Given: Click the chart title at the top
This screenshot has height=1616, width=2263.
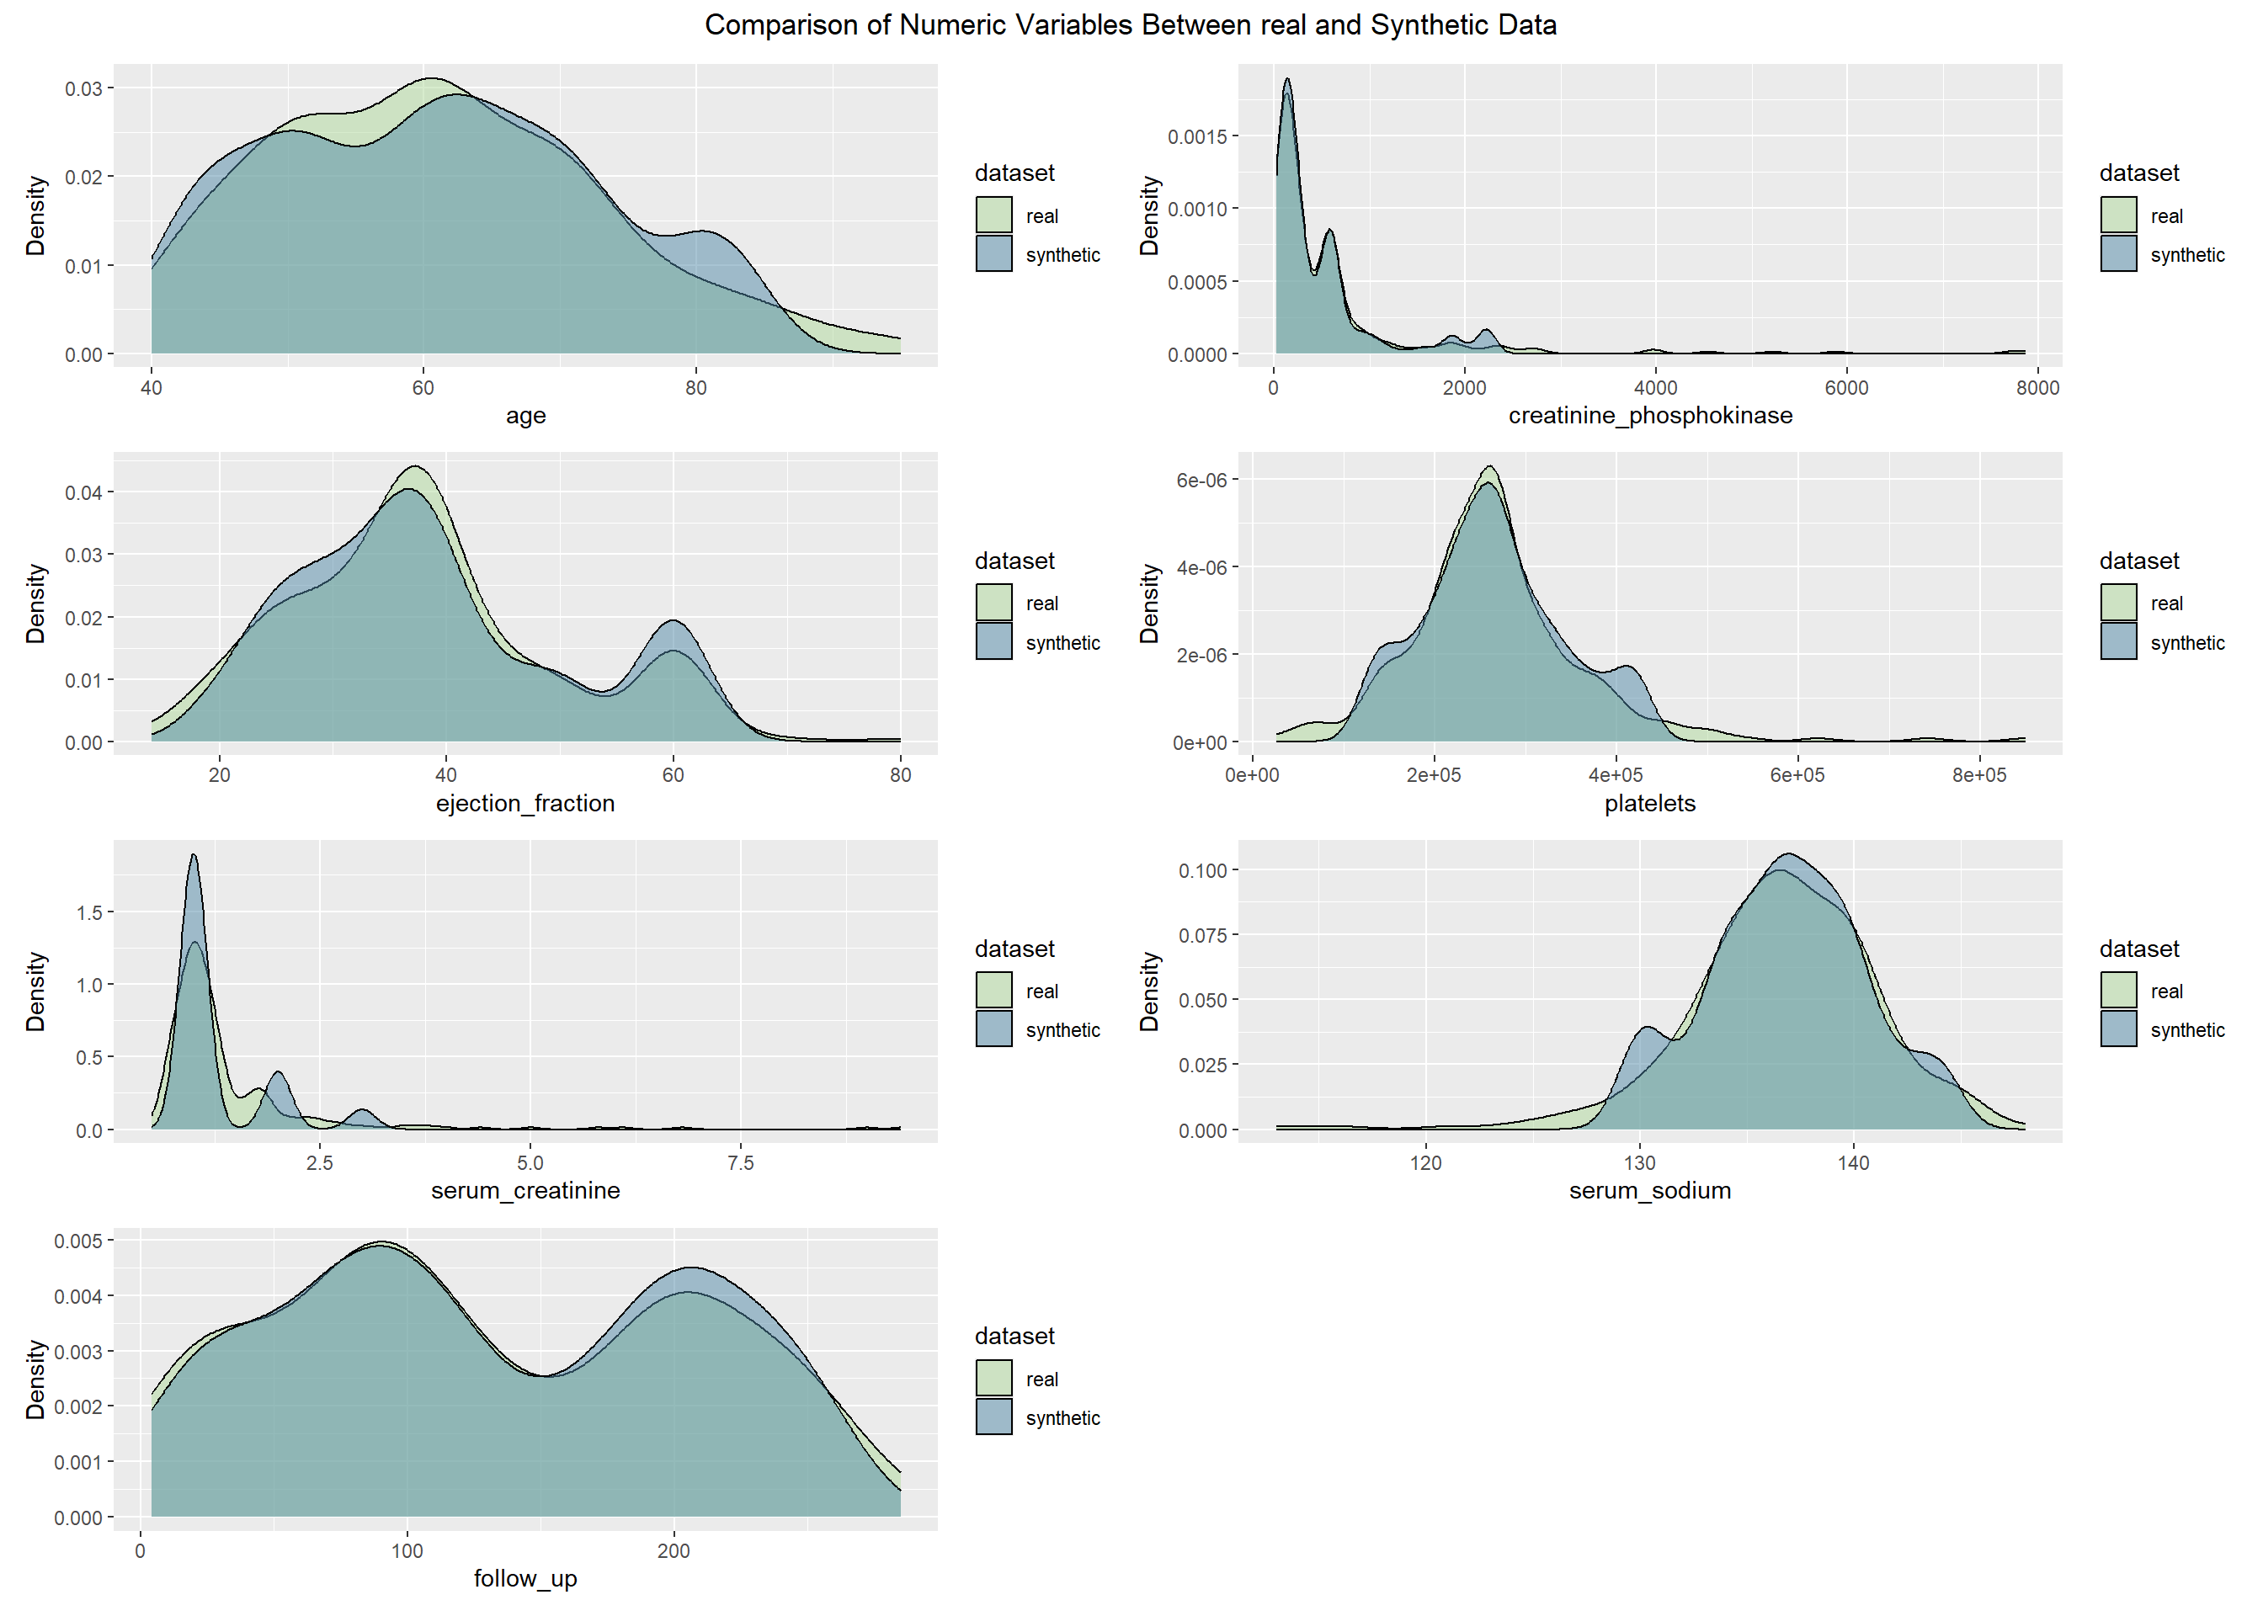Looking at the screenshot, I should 1131,25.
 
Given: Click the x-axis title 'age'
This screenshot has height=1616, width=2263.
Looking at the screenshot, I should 525,416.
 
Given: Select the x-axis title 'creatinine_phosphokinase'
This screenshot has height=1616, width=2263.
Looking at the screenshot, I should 1650,416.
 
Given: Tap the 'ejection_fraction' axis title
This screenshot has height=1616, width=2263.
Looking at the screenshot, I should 525,803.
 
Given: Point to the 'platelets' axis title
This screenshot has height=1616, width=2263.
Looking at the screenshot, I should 1650,803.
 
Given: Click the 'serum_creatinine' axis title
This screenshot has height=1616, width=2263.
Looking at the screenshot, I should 525,1190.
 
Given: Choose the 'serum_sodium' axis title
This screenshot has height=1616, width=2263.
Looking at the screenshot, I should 1650,1190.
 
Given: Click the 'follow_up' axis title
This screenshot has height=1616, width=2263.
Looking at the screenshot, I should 525,1578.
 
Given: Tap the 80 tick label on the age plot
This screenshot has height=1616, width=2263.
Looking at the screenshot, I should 695,388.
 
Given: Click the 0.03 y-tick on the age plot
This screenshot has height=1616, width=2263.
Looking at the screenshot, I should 83,88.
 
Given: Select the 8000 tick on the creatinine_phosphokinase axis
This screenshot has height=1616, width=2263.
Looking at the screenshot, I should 2037,388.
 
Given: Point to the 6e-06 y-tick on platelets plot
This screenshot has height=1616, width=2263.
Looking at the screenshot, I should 1201,481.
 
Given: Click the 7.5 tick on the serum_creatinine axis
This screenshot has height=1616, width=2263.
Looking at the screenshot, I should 740,1163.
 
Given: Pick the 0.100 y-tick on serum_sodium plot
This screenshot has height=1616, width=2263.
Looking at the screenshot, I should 1202,870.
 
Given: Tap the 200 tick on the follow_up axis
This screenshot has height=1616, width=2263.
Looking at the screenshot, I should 674,1551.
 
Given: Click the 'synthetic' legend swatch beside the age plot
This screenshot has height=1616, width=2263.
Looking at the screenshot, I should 994,253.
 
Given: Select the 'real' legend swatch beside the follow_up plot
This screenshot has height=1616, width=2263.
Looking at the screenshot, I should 994,1378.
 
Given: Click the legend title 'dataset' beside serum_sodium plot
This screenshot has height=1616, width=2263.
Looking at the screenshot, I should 2138,949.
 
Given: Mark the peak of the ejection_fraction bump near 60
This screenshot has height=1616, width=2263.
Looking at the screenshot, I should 674,622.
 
